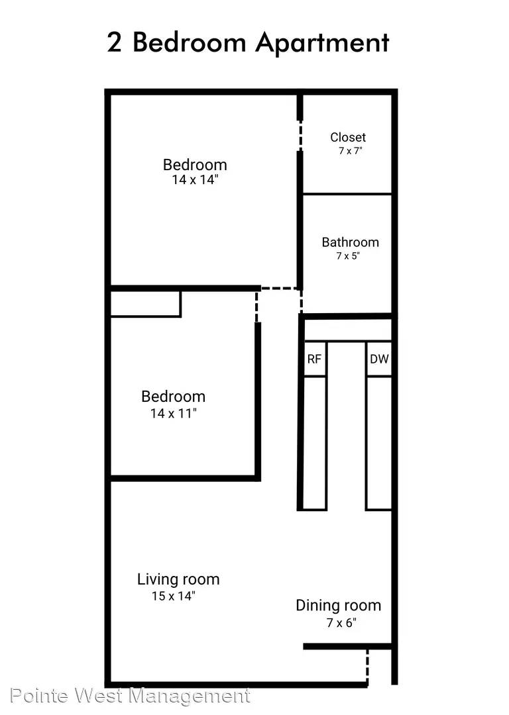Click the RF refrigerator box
[x=315, y=359]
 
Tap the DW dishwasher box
[x=379, y=359]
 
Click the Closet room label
[x=348, y=137]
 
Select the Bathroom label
[x=350, y=242]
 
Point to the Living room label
[x=178, y=579]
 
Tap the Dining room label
[x=338, y=606]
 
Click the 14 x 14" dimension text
[x=195, y=179]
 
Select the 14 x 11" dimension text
[x=174, y=414]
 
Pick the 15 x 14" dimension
[x=174, y=596]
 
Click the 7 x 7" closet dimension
[x=350, y=151]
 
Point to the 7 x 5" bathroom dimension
[x=348, y=256]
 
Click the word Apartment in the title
[x=322, y=43]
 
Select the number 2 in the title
[x=115, y=43]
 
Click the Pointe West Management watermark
[x=131, y=696]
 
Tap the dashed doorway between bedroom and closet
[x=300, y=136]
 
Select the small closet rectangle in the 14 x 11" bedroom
[x=146, y=304]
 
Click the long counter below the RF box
[x=315, y=443]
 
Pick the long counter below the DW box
[x=379, y=443]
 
